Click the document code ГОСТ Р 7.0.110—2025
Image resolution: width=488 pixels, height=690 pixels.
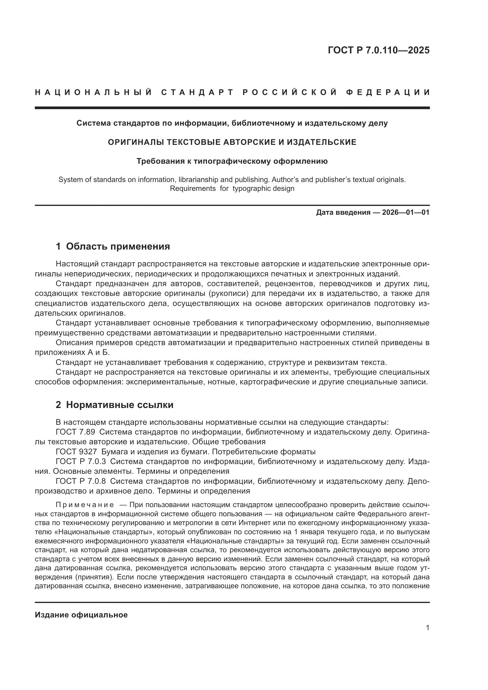pos(378,50)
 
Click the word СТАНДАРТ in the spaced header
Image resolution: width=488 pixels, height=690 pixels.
pos(197,92)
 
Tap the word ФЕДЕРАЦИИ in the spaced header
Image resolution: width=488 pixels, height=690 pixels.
pos(388,92)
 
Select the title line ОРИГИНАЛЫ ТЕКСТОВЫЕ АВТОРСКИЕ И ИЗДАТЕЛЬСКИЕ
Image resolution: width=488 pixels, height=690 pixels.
pos(232,142)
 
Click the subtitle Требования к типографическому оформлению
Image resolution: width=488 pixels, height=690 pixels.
pos(232,161)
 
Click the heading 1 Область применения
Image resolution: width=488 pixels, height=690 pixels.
pos(113,246)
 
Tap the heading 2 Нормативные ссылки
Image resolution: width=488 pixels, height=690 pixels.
pos(114,405)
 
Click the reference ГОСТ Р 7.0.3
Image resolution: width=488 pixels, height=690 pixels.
pos(81,461)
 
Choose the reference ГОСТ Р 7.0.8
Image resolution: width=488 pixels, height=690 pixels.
pos(81,481)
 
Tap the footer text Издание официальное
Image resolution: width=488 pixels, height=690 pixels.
pos(81,615)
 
